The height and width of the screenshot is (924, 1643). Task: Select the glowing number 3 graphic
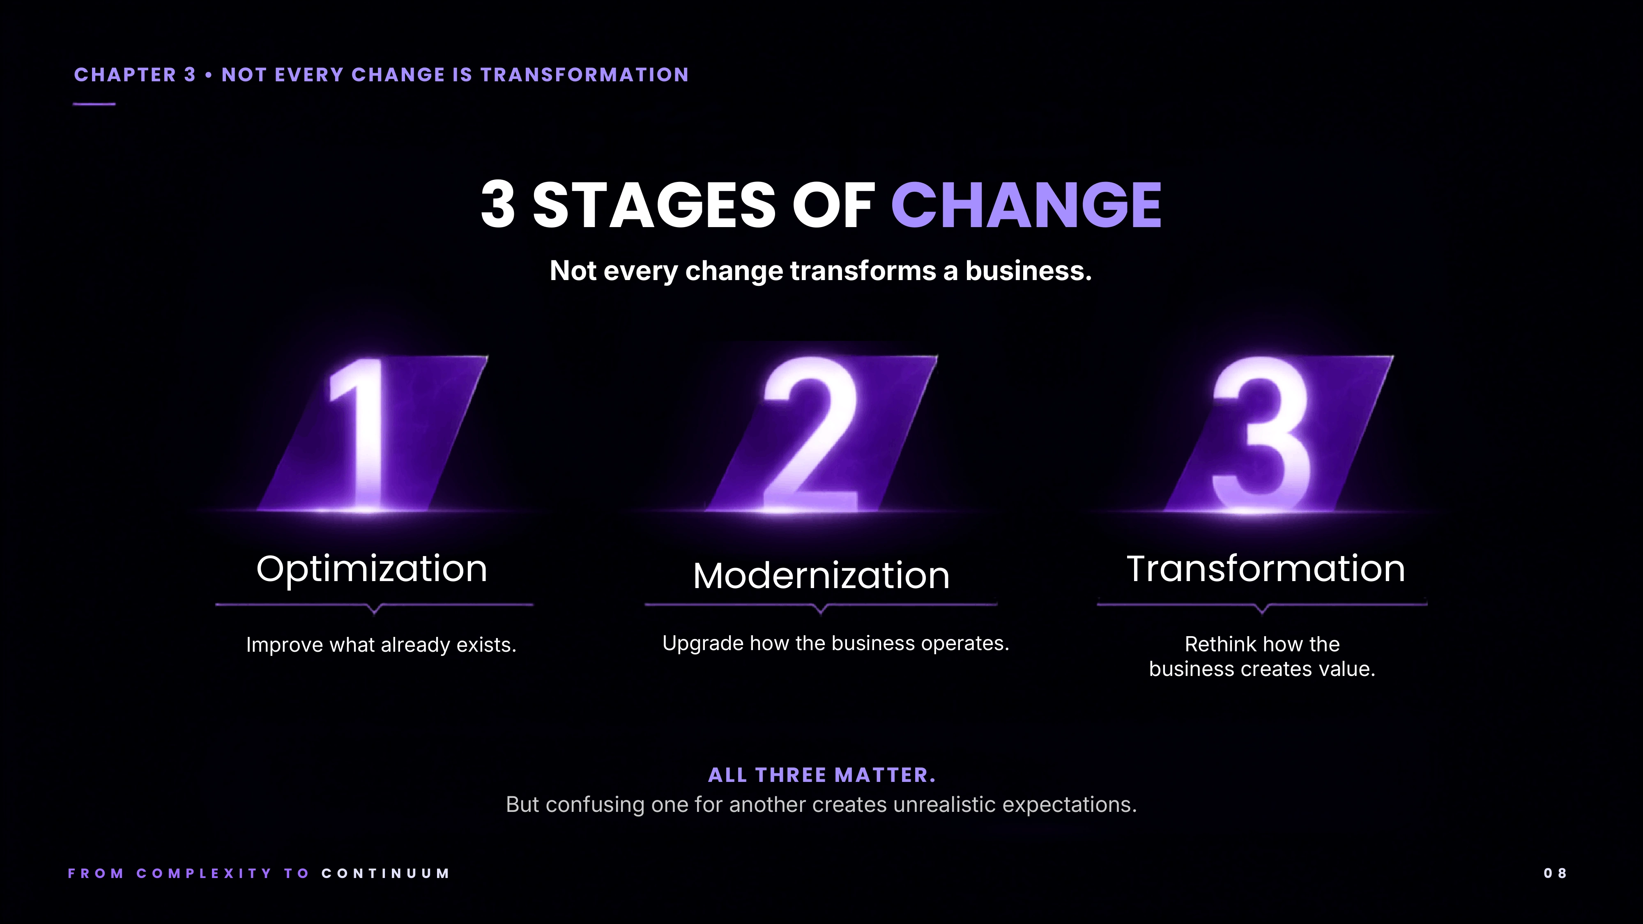coord(1261,434)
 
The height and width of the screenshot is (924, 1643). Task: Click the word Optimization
coord(372,569)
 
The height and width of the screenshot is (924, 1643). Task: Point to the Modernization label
coord(821,575)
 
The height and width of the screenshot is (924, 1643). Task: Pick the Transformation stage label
coord(1266,568)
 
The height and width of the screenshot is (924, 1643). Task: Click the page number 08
coord(1555,873)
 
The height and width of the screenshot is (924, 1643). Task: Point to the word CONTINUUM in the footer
coord(386,873)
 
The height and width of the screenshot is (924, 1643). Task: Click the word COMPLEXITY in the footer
coord(204,873)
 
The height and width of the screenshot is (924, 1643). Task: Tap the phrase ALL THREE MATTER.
coord(821,775)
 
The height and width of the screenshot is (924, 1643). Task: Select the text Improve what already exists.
coord(381,645)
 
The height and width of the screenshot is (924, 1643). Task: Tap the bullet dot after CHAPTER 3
coord(209,75)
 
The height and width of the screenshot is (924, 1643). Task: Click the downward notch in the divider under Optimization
coord(374,609)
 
